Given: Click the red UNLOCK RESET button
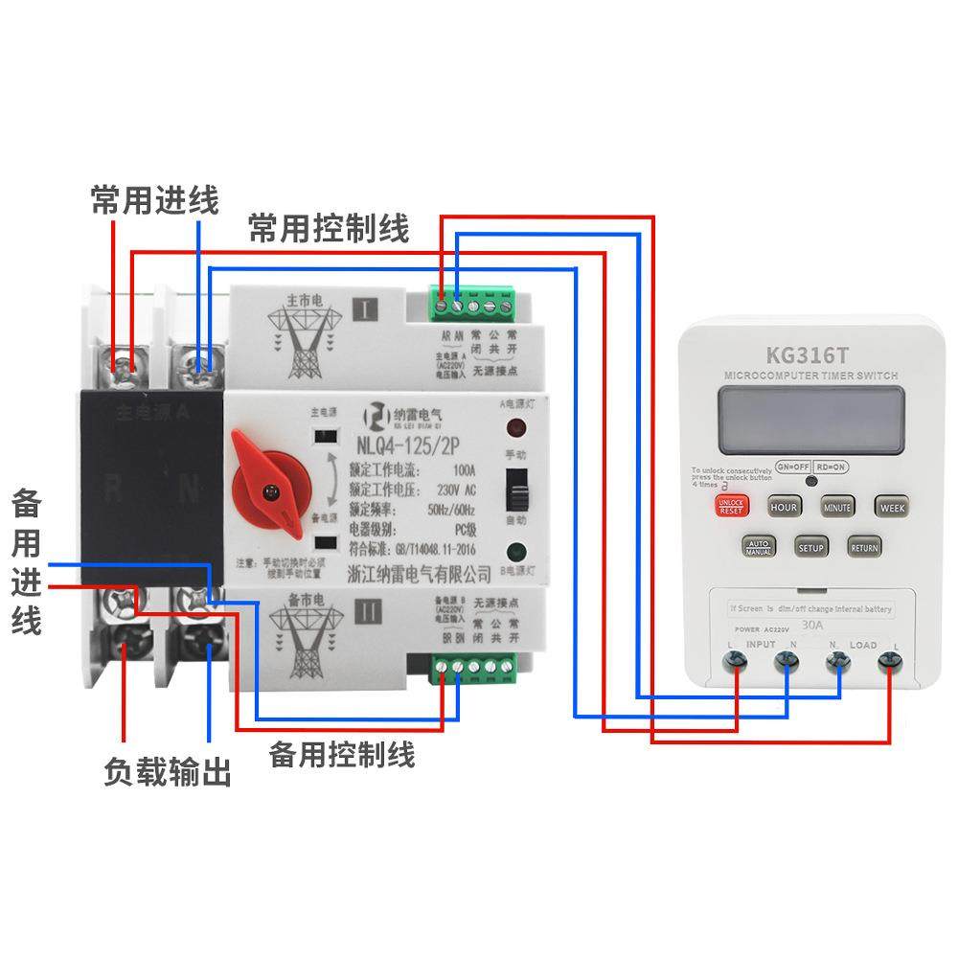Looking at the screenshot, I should click(731, 506).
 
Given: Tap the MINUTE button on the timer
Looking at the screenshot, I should click(836, 506).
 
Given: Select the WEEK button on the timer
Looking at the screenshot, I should click(891, 506).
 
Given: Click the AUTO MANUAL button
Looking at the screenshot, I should click(758, 547).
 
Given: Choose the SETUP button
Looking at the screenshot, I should click(810, 547).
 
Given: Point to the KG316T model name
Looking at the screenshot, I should click(805, 351).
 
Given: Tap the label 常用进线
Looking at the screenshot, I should click(155, 202).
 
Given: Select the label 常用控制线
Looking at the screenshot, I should click(329, 230).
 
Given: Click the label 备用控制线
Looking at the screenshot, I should click(341, 754).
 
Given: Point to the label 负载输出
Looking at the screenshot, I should click(168, 773).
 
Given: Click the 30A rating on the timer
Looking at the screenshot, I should click(811, 626).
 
